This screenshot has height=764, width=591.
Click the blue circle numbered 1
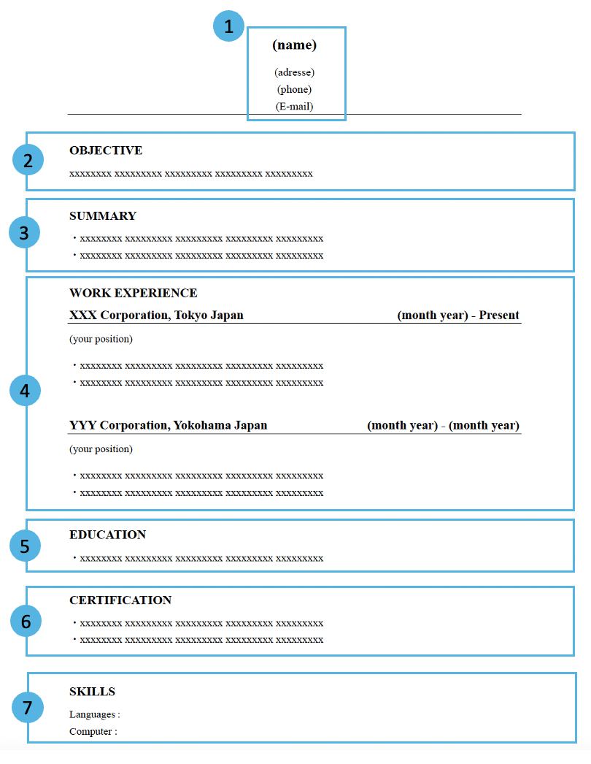[229, 26]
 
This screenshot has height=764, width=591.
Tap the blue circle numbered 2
[28, 160]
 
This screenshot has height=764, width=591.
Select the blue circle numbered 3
[24, 232]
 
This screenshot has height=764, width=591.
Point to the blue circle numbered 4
[25, 390]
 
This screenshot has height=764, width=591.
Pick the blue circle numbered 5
[25, 546]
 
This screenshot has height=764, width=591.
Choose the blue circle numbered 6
[26, 622]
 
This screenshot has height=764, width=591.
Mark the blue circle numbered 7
[28, 707]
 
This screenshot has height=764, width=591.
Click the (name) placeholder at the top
[295, 45]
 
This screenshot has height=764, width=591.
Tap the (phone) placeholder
[295, 90]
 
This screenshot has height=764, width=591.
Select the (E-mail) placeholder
[295, 107]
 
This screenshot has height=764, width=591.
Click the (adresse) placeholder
[295, 72]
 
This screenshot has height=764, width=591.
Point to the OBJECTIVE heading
[106, 150]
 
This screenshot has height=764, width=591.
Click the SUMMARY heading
[103, 216]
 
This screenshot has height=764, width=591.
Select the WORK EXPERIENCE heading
[134, 293]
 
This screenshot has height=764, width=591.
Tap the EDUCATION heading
[107, 535]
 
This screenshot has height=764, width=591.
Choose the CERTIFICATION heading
[120, 600]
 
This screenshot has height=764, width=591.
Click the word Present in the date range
[499, 316]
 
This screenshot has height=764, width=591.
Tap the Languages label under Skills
[92, 715]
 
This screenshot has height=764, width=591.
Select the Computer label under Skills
[90, 731]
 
